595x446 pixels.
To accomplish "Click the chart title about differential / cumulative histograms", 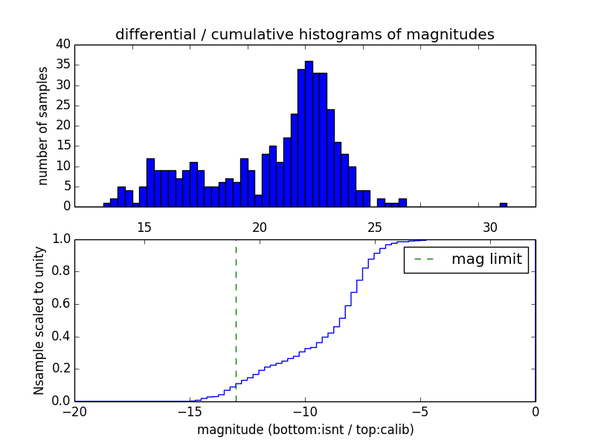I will coord(304,35).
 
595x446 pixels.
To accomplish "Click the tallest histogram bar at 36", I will coord(309,134).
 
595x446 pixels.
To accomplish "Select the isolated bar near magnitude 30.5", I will coord(504,204).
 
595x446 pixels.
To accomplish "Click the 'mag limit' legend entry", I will coord(486,259).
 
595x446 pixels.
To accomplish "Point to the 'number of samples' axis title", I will coord(43,126).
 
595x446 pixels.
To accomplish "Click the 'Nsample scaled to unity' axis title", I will coord(39,320).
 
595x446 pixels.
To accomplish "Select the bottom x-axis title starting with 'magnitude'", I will coord(305,430).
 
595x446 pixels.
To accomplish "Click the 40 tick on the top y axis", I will coord(62,45).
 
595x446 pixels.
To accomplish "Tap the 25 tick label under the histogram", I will coord(374,226).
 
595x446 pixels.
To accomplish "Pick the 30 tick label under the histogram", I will coord(489,226).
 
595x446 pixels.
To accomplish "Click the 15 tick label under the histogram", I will coord(144,226).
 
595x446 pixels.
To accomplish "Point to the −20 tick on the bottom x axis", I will coord(74,412).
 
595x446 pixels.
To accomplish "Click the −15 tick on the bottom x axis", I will coord(190,412).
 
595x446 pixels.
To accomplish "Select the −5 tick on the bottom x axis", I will coord(419,412).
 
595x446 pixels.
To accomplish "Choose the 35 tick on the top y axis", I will coord(62,65).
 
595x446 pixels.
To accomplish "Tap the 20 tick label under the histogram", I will coord(260,226).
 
